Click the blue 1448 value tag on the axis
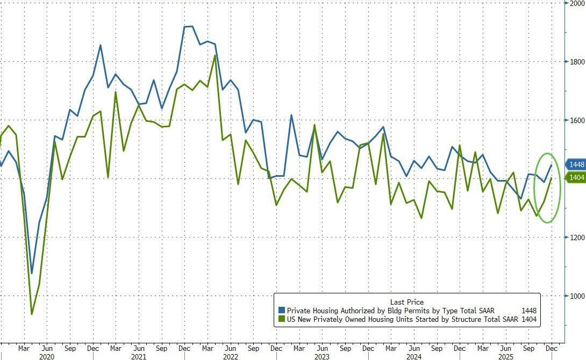coord(576,164)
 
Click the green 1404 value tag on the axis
coord(576,178)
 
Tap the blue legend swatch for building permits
coord(282,311)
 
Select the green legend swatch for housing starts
coord(282,320)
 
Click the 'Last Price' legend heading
coord(406,302)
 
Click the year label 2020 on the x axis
coord(47,356)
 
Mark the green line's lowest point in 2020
coord(32,314)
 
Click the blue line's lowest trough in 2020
coord(32,273)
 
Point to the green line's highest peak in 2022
coord(215,55)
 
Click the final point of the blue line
coord(551,165)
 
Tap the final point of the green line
coord(551,178)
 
